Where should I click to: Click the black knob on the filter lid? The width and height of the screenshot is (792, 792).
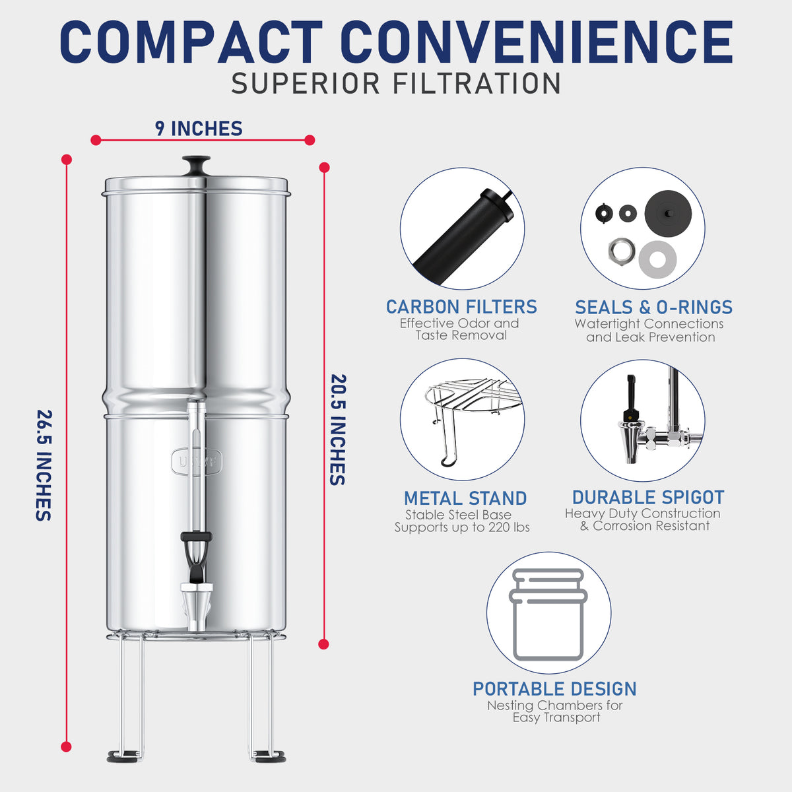coord(196,164)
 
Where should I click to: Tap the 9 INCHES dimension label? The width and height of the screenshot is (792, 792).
coord(199,128)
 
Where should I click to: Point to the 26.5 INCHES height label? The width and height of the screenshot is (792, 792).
coord(44,465)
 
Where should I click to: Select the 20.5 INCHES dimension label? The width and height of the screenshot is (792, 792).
coord(338,430)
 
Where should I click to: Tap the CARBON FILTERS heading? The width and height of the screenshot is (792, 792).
coord(461,307)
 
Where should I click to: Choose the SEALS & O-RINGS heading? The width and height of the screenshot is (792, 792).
coord(653,307)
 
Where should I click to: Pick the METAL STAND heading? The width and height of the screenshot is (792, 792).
coord(465,498)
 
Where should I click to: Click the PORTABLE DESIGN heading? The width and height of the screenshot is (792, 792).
coord(554,688)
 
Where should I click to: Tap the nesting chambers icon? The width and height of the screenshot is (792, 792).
coord(548,614)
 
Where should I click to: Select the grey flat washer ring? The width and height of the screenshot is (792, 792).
coord(657,255)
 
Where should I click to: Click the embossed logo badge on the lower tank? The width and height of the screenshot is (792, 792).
coord(197,461)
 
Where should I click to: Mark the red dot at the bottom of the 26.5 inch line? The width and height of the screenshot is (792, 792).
coord(66,746)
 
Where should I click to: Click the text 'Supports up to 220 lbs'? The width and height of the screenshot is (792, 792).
coord(462,527)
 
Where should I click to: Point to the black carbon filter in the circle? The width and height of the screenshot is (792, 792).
coord(462,234)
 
